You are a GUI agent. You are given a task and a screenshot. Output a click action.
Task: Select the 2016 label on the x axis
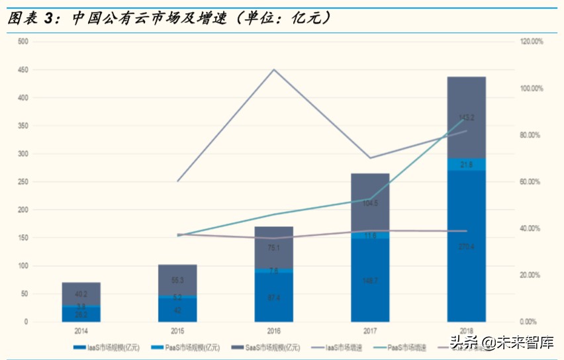[x=274, y=331]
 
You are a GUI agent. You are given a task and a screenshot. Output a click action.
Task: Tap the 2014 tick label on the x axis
[x=81, y=331]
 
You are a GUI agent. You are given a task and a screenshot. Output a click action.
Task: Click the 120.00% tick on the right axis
[x=530, y=41]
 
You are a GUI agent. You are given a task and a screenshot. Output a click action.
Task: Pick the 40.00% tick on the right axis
[x=529, y=228]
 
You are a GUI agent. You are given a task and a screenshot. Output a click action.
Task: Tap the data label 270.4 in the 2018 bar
[x=466, y=247]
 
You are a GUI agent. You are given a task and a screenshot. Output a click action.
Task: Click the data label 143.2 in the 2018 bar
[x=466, y=118]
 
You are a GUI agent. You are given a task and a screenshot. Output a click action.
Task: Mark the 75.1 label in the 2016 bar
[x=274, y=248]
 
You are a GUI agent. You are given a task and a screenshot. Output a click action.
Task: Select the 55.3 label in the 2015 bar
[x=177, y=281]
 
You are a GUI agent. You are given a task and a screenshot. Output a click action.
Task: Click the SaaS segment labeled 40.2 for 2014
[x=81, y=294]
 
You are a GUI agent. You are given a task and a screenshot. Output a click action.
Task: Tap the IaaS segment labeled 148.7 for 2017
[x=370, y=281]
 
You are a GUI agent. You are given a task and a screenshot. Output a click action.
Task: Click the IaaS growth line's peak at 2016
[x=274, y=69]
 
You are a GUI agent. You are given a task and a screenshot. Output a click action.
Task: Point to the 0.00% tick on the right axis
[x=528, y=322]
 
